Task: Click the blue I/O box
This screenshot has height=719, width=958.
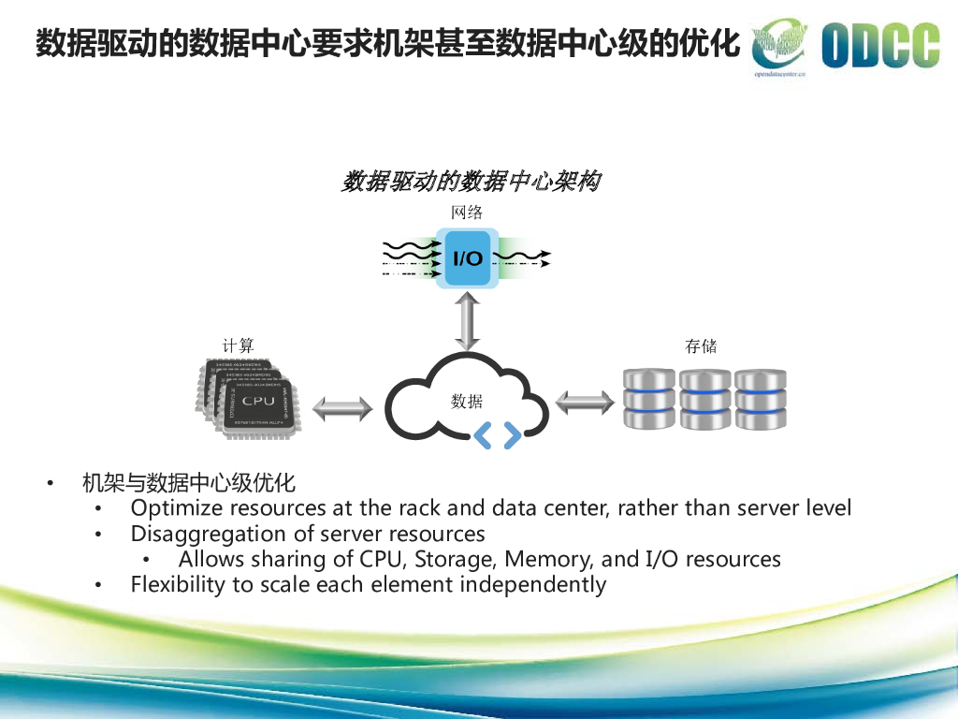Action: click(468, 257)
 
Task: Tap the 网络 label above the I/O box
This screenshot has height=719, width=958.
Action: click(467, 213)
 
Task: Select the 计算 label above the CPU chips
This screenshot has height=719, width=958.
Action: click(238, 345)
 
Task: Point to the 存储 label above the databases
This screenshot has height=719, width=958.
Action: click(701, 345)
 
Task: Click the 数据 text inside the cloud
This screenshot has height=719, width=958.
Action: click(467, 402)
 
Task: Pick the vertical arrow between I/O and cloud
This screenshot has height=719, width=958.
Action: click(468, 321)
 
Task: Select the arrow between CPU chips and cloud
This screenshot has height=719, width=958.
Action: click(341, 408)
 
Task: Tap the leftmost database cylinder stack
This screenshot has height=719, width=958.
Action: click(648, 400)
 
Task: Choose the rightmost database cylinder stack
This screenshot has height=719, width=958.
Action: click(759, 400)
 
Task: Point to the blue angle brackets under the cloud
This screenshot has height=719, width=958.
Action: click(498, 435)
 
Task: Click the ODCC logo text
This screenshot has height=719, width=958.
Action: click(880, 46)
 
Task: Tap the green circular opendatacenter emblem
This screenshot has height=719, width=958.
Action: click(780, 43)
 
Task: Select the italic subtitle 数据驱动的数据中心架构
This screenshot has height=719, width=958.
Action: click(470, 182)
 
